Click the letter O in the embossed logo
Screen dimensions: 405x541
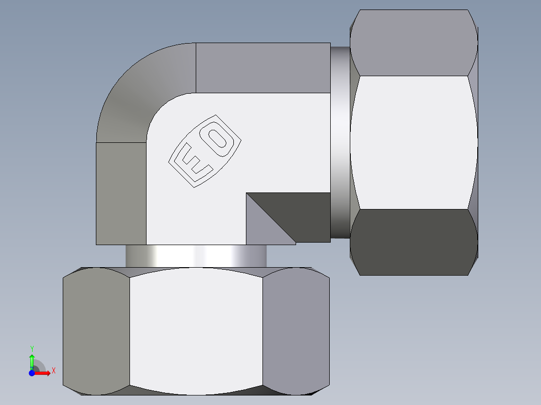tap(219, 139)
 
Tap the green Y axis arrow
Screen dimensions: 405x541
tap(32, 360)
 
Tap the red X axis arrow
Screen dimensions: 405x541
tap(44, 372)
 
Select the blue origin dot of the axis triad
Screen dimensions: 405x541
tap(32, 372)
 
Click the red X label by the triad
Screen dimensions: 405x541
tap(53, 370)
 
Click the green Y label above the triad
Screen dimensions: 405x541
tap(32, 348)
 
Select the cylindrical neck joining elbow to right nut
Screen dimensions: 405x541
tap(340, 143)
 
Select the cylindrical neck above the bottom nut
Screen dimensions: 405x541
tap(196, 256)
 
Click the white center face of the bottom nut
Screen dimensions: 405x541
tap(196, 331)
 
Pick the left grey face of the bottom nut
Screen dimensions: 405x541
tap(95, 331)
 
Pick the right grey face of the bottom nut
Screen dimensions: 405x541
tap(296, 331)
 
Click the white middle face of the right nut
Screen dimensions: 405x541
tap(414, 143)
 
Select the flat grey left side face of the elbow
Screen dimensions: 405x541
tap(120, 193)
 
